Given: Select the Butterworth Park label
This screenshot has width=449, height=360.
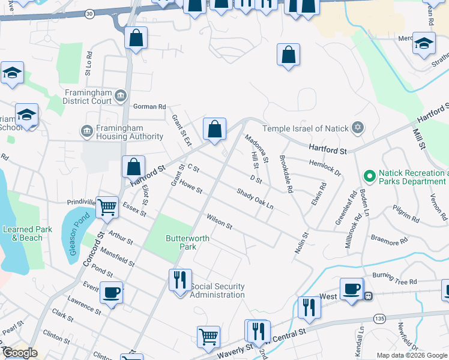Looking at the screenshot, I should [188, 242].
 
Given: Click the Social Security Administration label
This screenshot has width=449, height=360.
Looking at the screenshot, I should [217, 290].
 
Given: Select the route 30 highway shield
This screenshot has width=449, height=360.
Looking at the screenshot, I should [89, 13].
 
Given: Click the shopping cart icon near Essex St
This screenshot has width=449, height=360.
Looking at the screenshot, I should [108, 208].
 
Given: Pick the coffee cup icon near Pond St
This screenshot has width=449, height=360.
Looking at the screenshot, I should [112, 293].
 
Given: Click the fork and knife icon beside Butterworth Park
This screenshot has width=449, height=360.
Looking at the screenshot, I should [179, 280].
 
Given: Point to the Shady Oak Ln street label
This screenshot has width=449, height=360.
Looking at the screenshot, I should [255, 199].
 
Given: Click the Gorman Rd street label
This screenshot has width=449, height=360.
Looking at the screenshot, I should [149, 107].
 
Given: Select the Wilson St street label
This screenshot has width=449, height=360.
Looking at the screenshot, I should [219, 221].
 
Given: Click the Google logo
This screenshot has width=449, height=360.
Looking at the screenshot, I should [20, 353].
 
